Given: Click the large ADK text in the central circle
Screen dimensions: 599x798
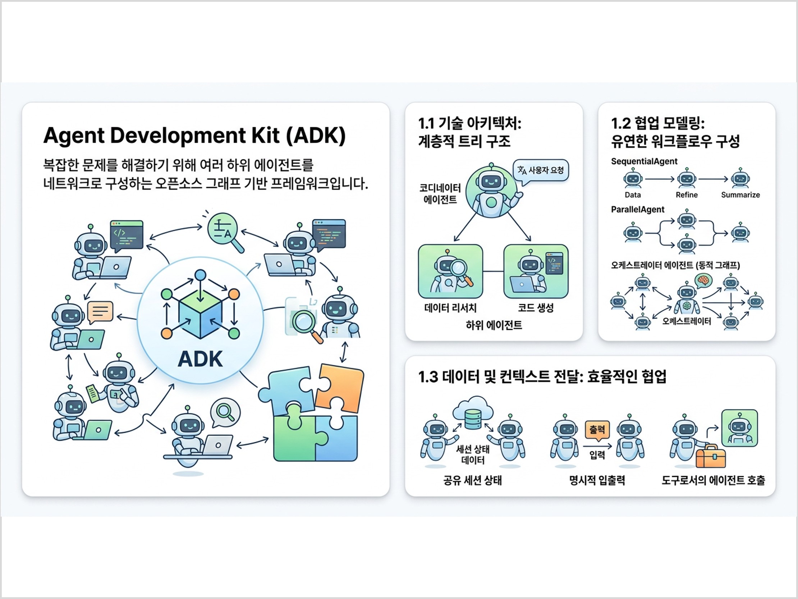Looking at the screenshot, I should click(x=200, y=359).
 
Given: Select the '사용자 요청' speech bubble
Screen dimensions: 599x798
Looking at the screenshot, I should click(x=541, y=170).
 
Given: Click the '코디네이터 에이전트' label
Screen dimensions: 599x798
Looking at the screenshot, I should click(x=440, y=194).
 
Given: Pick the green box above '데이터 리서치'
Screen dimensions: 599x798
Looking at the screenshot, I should click(x=450, y=271).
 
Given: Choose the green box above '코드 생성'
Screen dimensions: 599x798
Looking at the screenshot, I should click(x=536, y=271).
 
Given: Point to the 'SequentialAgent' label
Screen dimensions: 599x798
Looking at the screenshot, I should click(x=644, y=161).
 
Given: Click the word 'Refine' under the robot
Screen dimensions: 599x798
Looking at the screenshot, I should click(x=687, y=195).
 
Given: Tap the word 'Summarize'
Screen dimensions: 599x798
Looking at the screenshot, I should click(x=740, y=195).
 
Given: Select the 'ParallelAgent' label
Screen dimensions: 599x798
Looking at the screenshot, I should click(x=637, y=210).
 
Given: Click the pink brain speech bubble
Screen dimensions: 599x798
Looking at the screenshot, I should click(x=703, y=280).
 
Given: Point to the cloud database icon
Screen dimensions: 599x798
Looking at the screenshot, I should click(x=473, y=414).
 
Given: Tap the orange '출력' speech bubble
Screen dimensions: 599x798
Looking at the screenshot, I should click(x=597, y=430).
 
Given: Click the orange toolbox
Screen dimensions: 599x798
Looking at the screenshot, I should click(x=710, y=457).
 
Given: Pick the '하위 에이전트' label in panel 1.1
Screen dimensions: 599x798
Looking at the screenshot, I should click(x=494, y=325).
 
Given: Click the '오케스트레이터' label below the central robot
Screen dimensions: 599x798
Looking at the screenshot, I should click(x=687, y=321).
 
